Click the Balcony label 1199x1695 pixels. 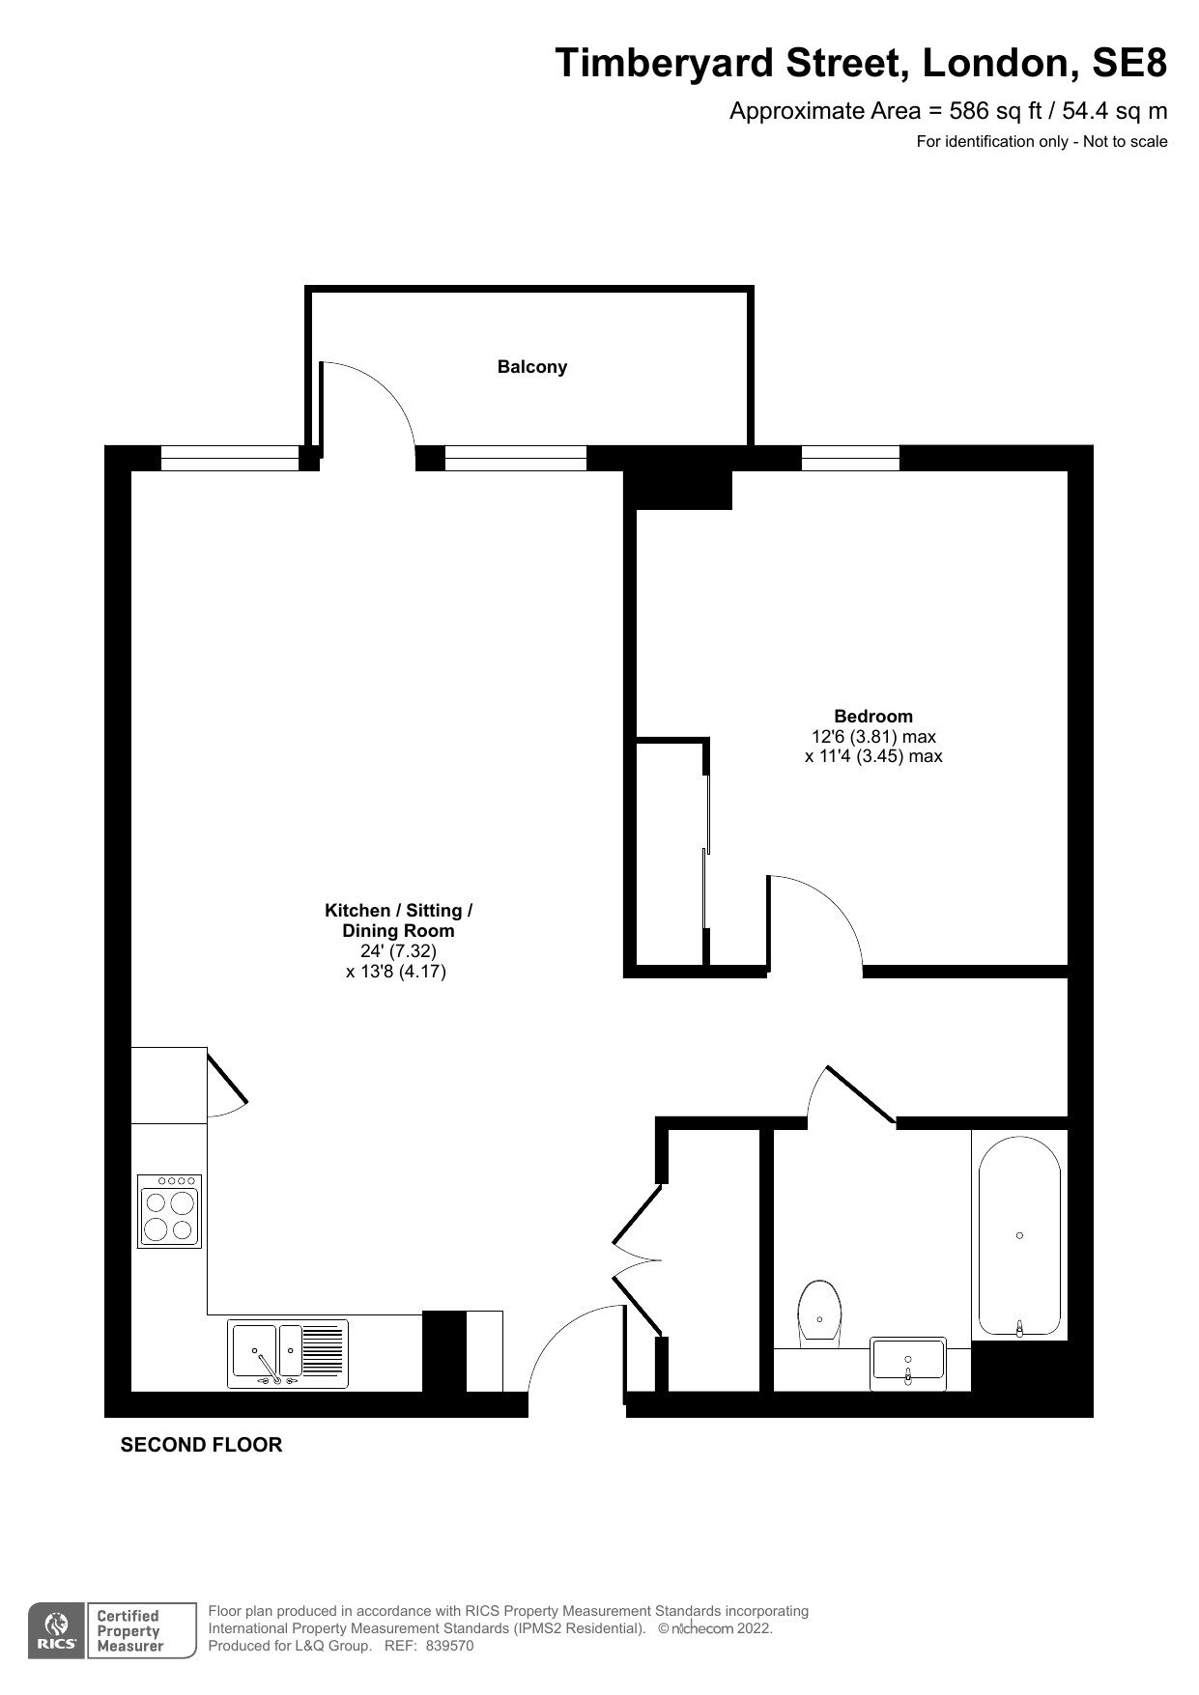[x=531, y=367]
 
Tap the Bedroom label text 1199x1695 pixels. [x=873, y=716]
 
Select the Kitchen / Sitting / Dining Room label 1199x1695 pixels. [x=398, y=920]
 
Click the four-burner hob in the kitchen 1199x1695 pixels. [x=170, y=1211]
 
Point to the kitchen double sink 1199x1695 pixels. [x=288, y=1353]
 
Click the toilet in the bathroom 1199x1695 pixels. [x=819, y=1314]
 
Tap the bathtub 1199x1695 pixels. [x=1020, y=1237]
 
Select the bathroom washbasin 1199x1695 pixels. [x=908, y=1363]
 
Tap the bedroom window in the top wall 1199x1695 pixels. [x=850, y=458]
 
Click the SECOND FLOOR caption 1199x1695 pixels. [x=201, y=1445]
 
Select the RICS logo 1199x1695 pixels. [x=57, y=1631]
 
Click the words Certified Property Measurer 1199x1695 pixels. [x=129, y=1631]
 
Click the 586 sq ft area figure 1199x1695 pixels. [x=995, y=111]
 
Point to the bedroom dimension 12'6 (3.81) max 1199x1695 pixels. [x=873, y=736]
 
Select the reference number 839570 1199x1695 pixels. [x=449, y=1646]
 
